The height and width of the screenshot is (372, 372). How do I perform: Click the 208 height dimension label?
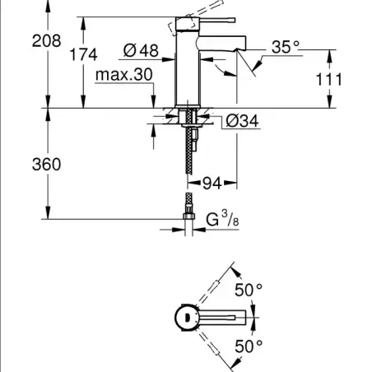46,41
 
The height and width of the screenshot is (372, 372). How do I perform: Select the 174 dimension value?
83,54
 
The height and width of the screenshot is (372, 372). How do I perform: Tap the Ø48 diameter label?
141,50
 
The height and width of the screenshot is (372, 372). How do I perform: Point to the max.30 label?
124,74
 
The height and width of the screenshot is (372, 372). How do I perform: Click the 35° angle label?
286,47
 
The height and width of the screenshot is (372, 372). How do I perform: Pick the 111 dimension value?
328,80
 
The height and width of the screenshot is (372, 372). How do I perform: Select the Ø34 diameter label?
242,121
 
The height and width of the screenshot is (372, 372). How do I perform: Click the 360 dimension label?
46,165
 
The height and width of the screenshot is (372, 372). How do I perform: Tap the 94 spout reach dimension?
212,183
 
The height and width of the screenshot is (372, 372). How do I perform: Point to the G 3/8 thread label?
222,219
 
